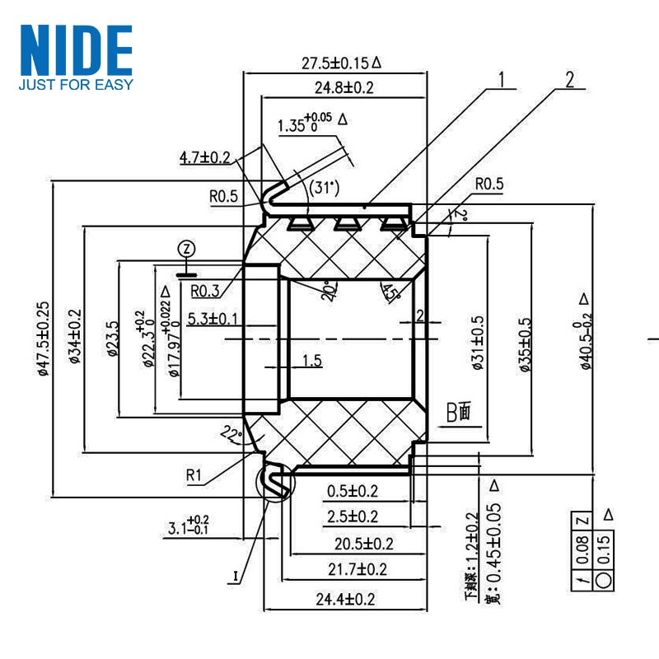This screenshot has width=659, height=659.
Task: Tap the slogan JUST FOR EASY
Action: [76, 83]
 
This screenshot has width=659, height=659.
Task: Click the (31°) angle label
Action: [324, 188]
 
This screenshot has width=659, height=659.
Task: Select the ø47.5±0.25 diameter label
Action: [44, 339]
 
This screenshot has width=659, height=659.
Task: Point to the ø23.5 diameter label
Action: [112, 339]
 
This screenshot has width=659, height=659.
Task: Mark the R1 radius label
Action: [194, 474]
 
